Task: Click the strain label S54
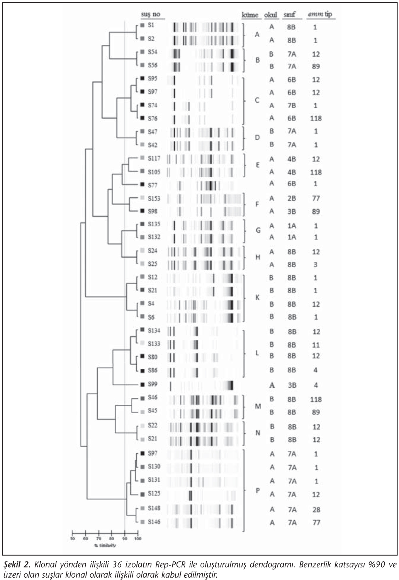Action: pos(152,52)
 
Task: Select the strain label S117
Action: pos(154,158)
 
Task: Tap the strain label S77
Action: pos(152,185)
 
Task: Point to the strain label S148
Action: pos(154,508)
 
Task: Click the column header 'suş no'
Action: pos(150,15)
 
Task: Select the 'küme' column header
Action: pos(250,15)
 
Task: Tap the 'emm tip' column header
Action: pos(320,15)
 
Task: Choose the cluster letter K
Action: pos(257,297)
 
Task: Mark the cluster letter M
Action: pos(258,406)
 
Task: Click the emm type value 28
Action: pos(316,510)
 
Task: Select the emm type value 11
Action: pos(316,345)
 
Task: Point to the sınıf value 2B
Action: pos(291,198)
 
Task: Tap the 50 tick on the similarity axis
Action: pos(73,539)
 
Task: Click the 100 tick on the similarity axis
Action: pos(138,539)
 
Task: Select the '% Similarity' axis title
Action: pos(105,546)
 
